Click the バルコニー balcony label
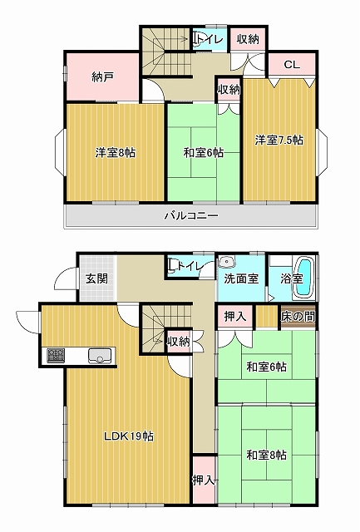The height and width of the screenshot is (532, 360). point(191,215)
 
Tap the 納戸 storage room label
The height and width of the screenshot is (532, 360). point(102,77)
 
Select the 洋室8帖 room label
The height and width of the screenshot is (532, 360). point(115,153)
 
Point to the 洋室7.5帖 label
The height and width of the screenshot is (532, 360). point(279,140)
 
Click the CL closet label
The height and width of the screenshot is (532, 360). point(292,65)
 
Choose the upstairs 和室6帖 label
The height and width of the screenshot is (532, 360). point(203,153)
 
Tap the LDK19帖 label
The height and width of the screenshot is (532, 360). point(129,436)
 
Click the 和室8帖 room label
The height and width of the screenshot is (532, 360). point(266,455)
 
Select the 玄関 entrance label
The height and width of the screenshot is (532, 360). point(96,278)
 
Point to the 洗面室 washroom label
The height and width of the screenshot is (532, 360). point(241,278)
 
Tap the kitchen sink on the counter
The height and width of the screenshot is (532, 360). point(100,356)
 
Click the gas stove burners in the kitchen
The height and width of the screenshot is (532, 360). point(56,356)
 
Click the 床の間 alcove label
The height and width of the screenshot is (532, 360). point(298,317)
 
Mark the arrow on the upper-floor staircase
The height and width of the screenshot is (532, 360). point(171,39)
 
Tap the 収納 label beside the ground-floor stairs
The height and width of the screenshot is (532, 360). point(179,342)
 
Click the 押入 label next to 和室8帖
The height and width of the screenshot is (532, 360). point(204,480)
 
